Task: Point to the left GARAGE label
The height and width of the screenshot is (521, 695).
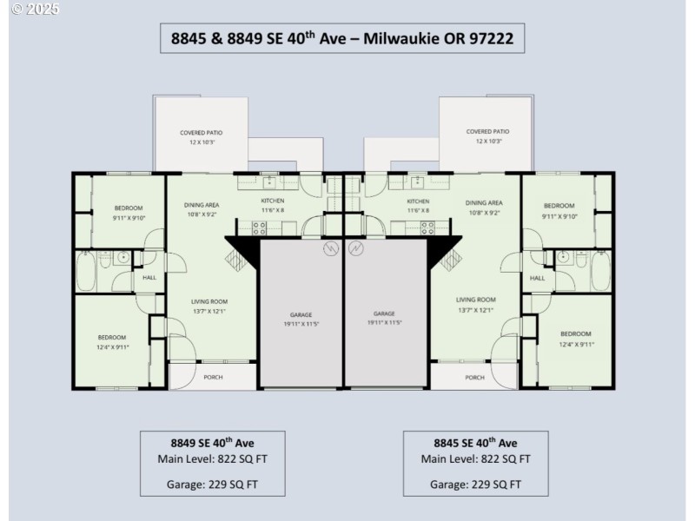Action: pyautogui.click(x=301, y=314)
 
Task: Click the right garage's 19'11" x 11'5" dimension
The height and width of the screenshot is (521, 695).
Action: pyautogui.click(x=384, y=323)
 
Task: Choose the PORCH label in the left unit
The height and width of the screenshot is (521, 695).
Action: pyautogui.click(x=213, y=377)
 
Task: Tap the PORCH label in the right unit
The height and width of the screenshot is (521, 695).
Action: pyautogui.click(x=474, y=377)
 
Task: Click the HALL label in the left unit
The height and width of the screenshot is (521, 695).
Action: pyautogui.click(x=149, y=278)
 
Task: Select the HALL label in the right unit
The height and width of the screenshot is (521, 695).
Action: pyautogui.click(x=537, y=278)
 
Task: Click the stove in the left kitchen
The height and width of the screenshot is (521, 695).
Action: pyautogui.click(x=259, y=228)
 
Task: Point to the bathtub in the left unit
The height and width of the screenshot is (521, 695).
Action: pyautogui.click(x=86, y=272)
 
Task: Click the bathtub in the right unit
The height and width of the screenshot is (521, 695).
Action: pyautogui.click(x=600, y=272)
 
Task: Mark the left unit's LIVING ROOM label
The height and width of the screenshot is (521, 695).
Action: pyautogui.click(x=209, y=301)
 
